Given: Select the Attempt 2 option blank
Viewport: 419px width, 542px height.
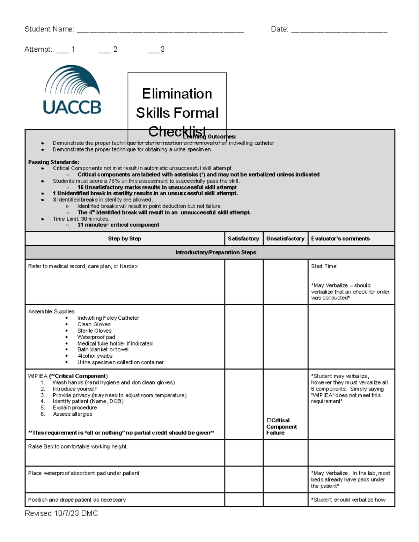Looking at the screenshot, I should pos(104,51).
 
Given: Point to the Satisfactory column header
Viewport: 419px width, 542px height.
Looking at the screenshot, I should pos(243,239).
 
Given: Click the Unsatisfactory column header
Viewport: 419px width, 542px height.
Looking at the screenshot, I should pos(285,239).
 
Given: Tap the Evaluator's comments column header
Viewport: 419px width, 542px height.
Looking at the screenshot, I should pos(340,239).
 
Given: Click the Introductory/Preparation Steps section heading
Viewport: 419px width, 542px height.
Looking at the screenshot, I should pos(215,252).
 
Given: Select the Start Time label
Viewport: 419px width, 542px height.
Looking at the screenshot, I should pos(324,266).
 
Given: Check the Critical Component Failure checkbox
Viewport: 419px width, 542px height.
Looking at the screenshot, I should pos(269,421).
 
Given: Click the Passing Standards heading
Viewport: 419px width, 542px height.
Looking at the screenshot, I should pos(53,162).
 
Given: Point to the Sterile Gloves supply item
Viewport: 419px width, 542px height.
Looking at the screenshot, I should pos(94,331).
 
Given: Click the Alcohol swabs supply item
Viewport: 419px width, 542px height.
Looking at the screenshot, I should pos(95,356).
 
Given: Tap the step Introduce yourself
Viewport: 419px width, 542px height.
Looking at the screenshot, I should pos(74,389).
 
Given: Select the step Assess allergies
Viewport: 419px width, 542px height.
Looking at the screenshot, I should pos(72,414).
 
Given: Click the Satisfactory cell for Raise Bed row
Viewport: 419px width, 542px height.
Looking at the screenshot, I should pos(243,453).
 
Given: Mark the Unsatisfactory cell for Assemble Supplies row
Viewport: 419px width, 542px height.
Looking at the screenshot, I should pos(285,336).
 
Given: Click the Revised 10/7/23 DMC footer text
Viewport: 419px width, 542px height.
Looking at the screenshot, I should pos(61,513).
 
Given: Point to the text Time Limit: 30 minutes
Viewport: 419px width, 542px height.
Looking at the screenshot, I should pos(81,219).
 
